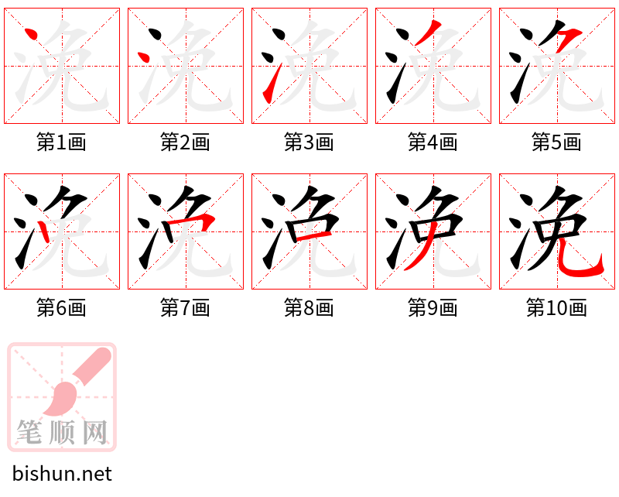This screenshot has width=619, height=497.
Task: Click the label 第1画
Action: point(61,142)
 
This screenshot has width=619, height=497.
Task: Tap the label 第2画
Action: point(185,142)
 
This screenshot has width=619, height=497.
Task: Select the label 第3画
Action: point(309,142)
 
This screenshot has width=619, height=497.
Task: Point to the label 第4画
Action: point(433,142)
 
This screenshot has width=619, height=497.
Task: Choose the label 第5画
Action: point(556,142)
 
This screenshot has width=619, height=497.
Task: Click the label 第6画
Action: point(61,308)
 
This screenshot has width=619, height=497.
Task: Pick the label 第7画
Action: point(185,308)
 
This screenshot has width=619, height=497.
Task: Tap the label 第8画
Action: point(309,308)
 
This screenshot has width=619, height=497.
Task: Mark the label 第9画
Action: point(433,308)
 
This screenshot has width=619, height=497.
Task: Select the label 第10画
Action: point(556,308)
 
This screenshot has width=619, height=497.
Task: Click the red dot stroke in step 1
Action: point(31,35)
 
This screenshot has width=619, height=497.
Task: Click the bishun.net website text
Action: point(62,474)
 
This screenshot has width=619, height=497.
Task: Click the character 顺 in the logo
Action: point(62,432)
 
